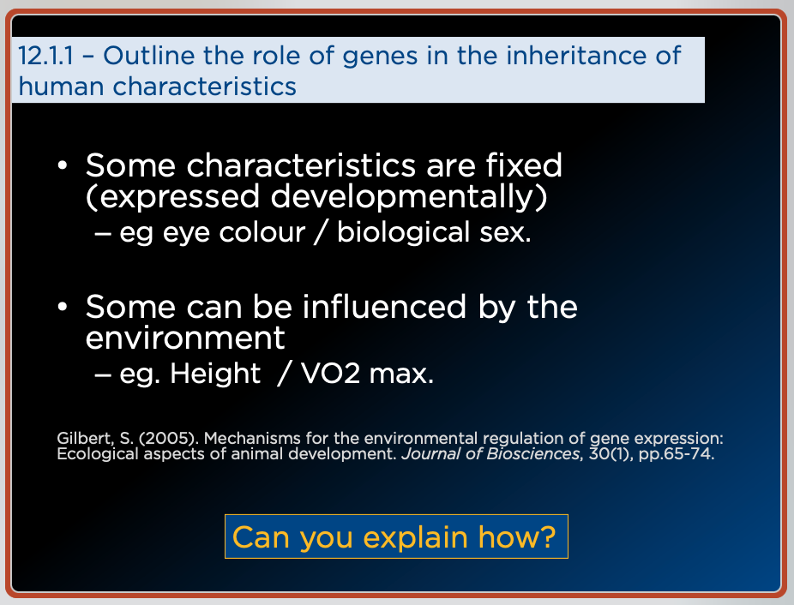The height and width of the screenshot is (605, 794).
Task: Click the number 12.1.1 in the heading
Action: coord(46,55)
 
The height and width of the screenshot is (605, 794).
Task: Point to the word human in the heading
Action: coord(61,86)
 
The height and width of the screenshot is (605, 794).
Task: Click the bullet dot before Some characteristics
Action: coord(63,165)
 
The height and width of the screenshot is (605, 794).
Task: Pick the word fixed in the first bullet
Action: coord(524,165)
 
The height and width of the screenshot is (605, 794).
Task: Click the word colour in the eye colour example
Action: coord(262,232)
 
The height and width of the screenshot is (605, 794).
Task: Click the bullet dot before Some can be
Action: coord(63,307)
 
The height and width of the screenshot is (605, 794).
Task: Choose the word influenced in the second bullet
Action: coord(384,307)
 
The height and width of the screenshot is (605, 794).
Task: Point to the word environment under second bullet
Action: coord(185,338)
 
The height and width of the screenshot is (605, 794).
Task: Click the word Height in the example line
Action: coord(215,374)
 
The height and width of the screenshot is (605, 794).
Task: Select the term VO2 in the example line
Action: coord(330,374)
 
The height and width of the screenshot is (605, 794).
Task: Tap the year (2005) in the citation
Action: coord(168,438)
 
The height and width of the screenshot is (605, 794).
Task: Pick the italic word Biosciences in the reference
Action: coord(533,453)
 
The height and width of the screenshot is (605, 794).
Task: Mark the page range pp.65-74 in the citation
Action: coord(677,454)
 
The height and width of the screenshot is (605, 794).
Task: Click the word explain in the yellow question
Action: coord(415,537)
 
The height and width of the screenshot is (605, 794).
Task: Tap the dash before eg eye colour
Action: coord(103,234)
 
